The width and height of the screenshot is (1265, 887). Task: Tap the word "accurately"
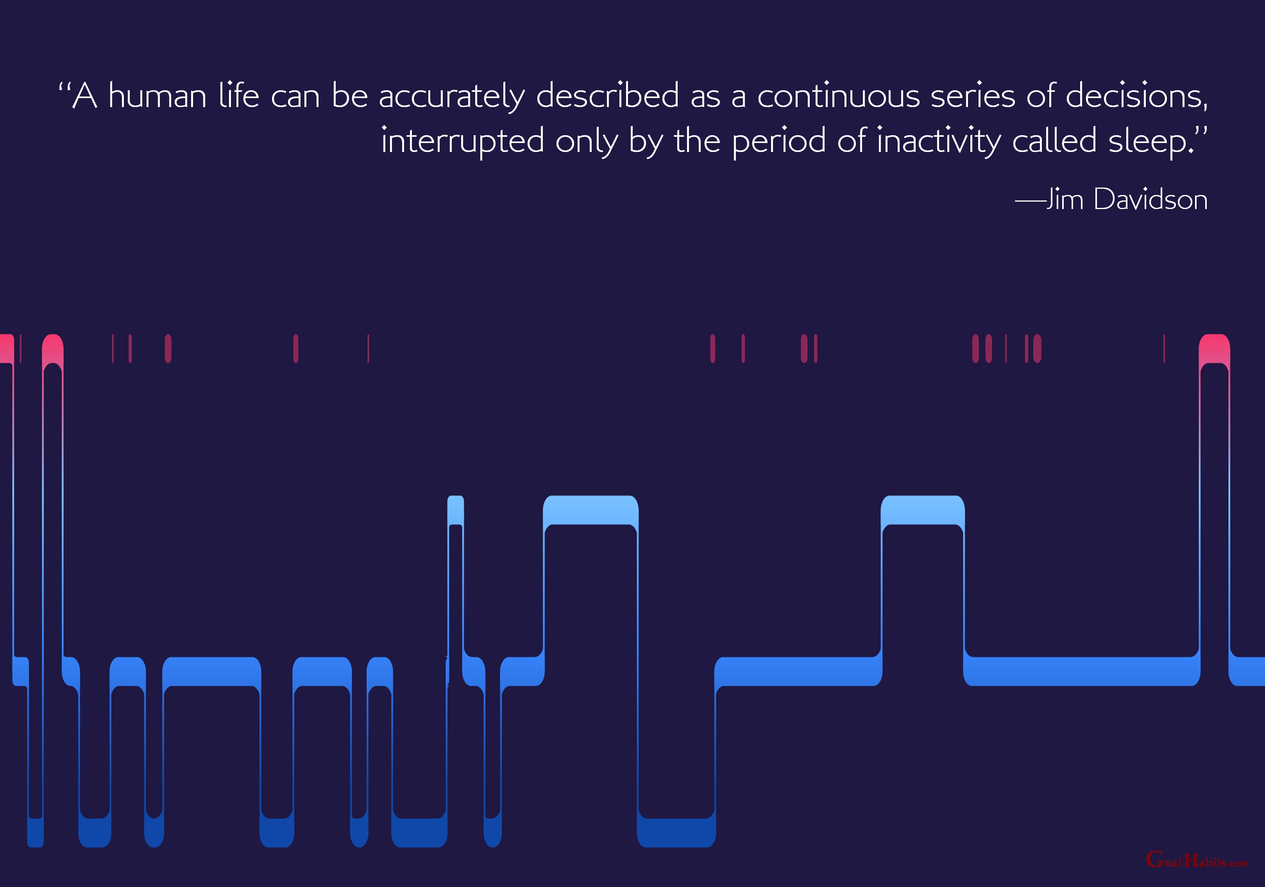tap(452, 97)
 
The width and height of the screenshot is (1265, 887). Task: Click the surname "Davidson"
tap(1150, 199)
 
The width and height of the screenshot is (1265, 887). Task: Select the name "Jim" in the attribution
tap(1065, 199)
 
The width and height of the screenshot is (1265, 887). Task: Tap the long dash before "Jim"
tap(1030, 202)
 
